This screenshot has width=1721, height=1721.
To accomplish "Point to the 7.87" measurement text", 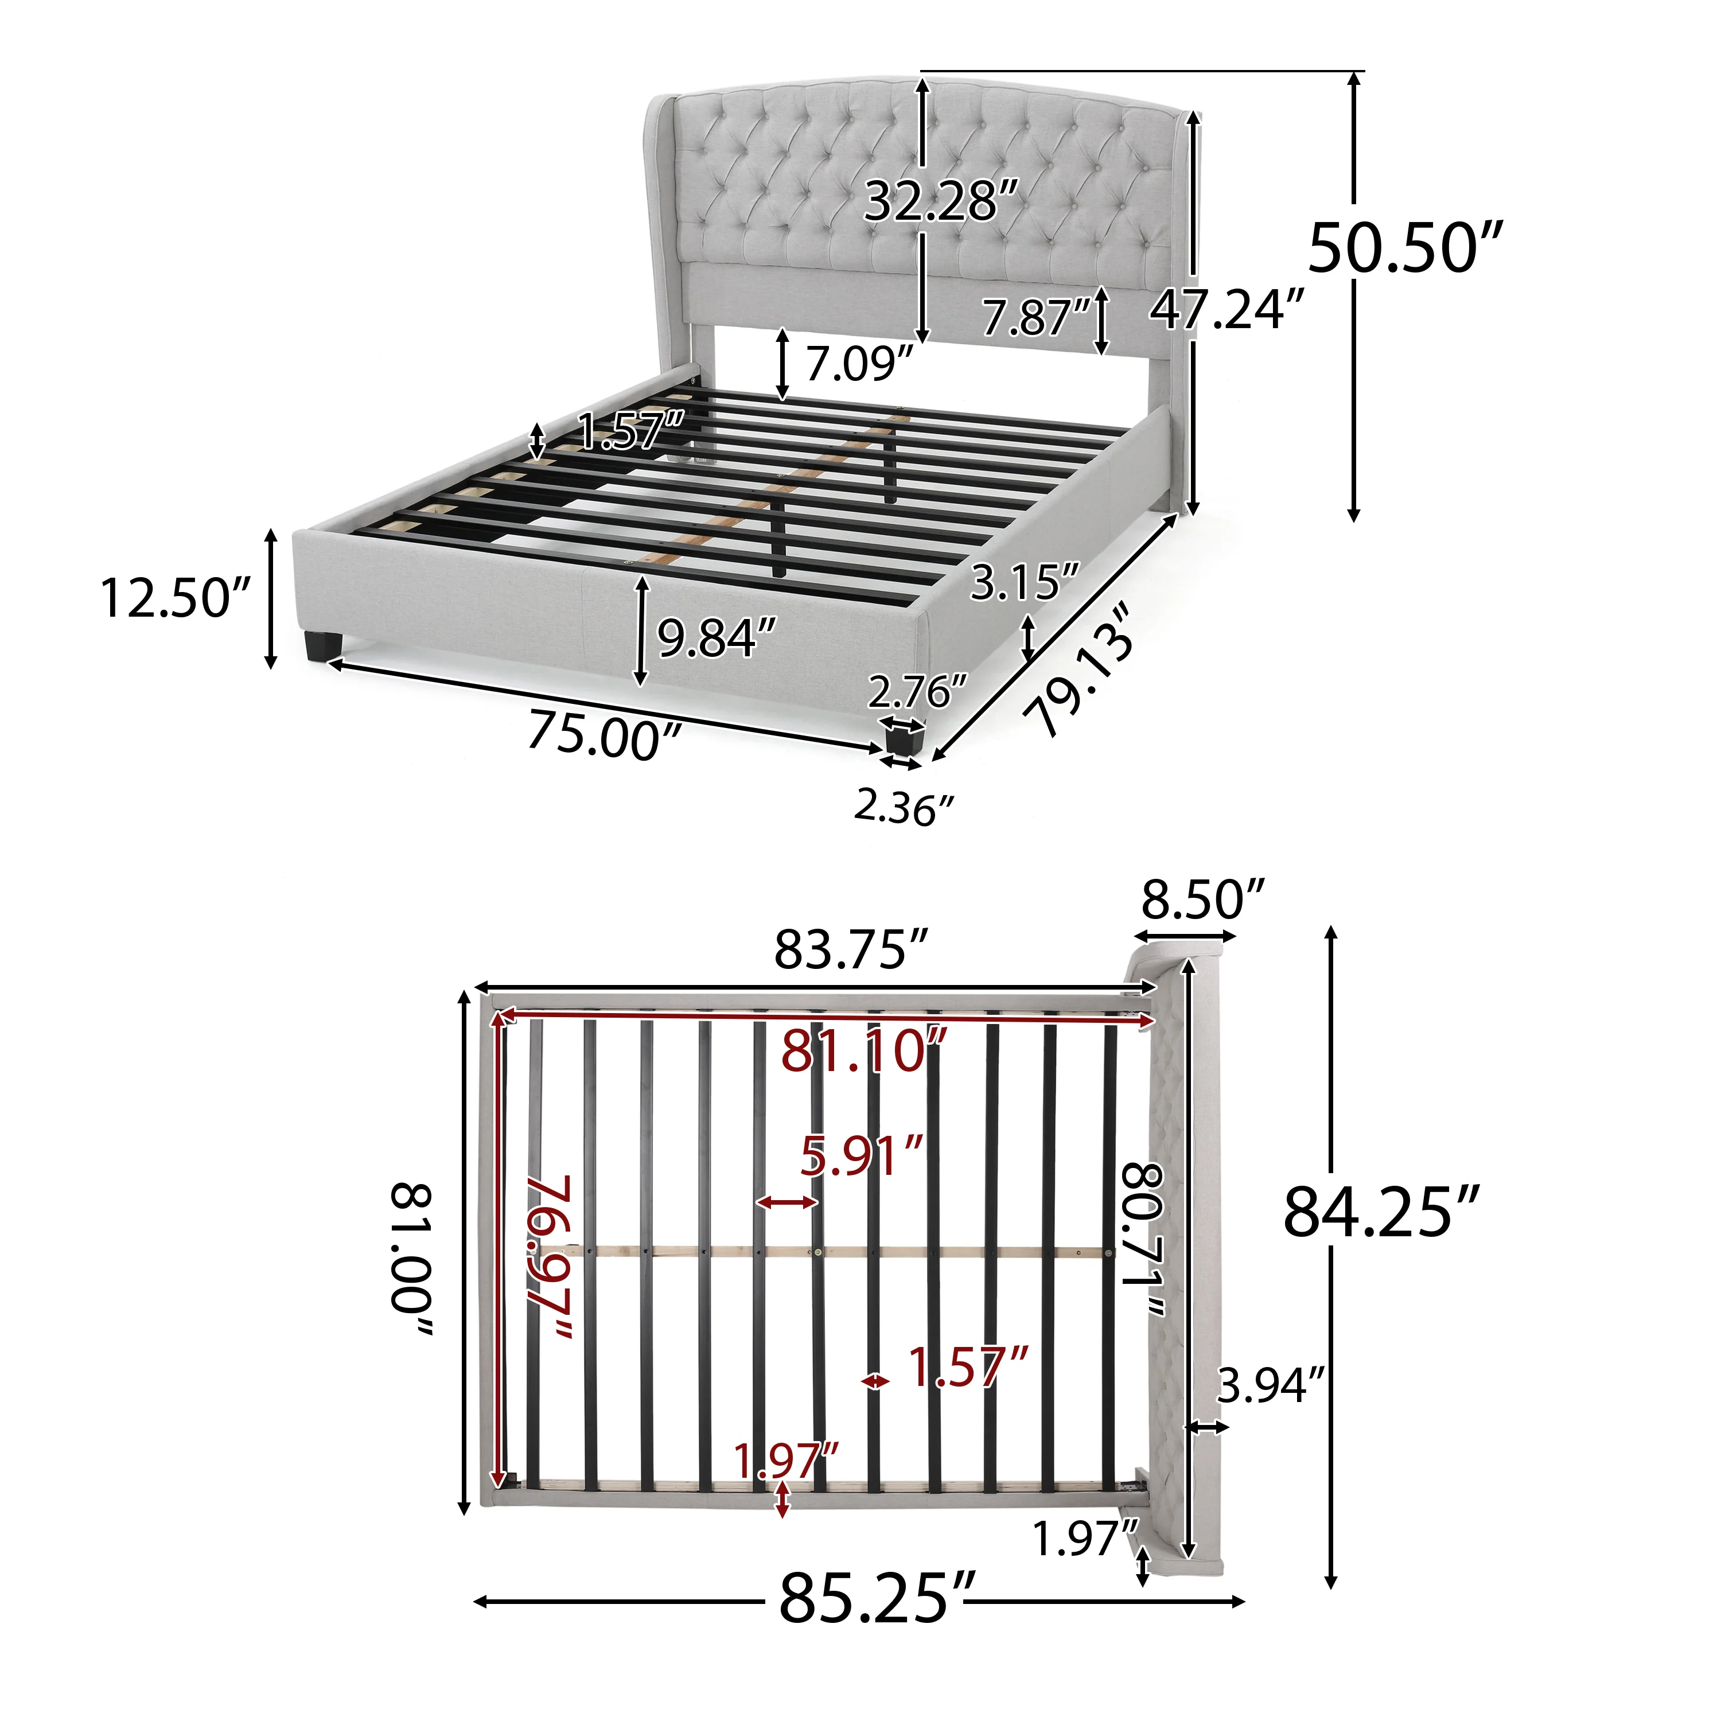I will click(1036, 318).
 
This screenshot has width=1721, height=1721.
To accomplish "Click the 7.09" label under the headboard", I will click(859, 364).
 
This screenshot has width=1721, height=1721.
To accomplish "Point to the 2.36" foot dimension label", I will click(904, 808).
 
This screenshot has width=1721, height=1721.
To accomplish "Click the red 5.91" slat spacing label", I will click(860, 1157).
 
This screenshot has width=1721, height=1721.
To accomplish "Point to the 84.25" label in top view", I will click(1381, 1212).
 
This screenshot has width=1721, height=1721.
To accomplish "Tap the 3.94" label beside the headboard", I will click(1270, 1386).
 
